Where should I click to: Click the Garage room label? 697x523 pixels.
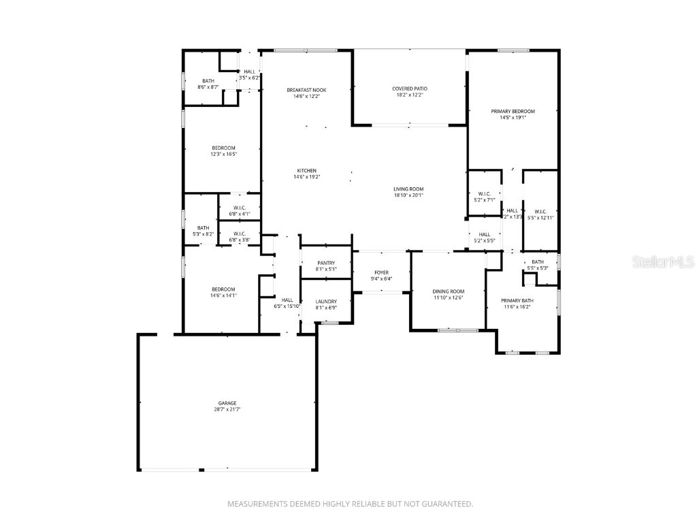(x=227, y=403)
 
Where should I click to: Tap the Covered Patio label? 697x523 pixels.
(x=410, y=89)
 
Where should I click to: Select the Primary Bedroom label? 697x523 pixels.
(x=513, y=111)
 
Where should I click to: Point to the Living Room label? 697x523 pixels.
(x=408, y=189)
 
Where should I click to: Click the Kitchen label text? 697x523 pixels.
(x=306, y=171)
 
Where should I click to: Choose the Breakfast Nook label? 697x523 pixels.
(x=306, y=90)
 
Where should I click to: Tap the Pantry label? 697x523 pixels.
(x=326, y=263)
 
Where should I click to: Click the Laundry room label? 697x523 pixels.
(x=326, y=302)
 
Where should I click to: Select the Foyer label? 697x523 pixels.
(x=381, y=272)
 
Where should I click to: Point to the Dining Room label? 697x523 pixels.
(x=449, y=291)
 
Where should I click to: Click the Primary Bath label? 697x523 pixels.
(x=517, y=300)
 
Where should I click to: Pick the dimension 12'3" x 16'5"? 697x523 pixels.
(x=223, y=155)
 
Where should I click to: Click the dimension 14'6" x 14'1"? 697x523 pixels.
(x=223, y=296)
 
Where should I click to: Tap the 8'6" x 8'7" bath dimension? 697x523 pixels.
(x=208, y=87)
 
